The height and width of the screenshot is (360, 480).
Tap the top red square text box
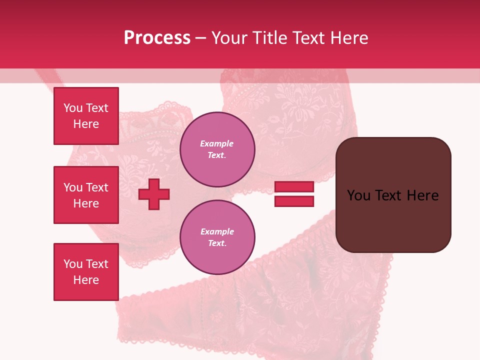click(x=86, y=116)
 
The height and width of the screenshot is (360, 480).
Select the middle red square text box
click(x=86, y=195)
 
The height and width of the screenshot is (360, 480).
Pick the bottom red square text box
click(x=86, y=271)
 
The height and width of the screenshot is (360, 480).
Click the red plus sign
click(x=154, y=194)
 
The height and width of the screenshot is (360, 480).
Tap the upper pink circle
click(x=217, y=149)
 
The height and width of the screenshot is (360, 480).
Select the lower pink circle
click(x=217, y=237)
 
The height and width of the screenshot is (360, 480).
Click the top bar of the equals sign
click(x=294, y=187)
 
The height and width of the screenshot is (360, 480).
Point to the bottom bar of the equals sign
click(x=294, y=201)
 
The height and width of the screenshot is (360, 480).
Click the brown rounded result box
click(x=393, y=195)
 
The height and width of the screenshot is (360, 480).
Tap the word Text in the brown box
click(x=388, y=195)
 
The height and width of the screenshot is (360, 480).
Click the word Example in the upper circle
click(x=217, y=144)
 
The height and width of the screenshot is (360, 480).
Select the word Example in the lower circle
click(x=217, y=232)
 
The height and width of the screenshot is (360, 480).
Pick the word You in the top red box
click(x=72, y=108)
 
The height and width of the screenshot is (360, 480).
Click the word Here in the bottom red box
click(x=86, y=280)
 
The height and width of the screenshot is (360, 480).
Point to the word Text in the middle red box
click(x=97, y=187)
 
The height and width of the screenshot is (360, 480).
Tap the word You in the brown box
click(x=358, y=195)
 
